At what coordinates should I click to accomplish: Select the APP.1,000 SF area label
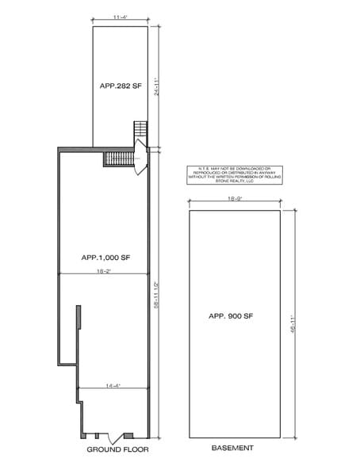105,258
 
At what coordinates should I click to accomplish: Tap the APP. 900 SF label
231,315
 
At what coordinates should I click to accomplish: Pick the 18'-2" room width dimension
103,272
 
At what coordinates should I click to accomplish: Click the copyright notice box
233,175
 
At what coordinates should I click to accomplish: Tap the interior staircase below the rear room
117,159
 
